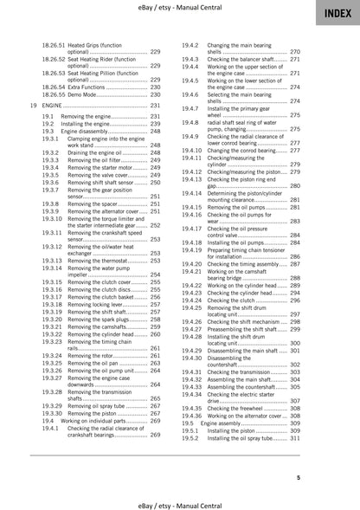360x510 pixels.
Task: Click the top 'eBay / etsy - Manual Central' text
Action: (x=179, y=8)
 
